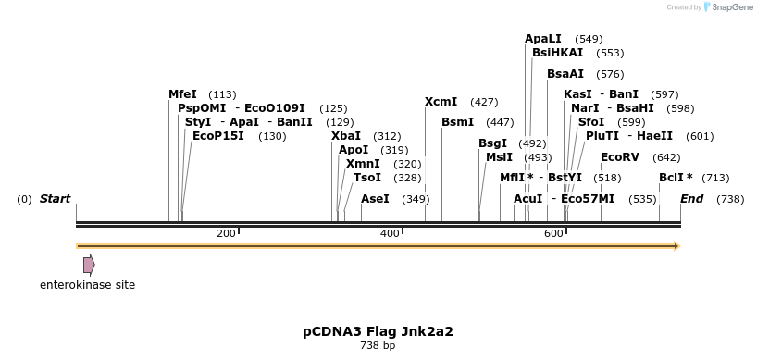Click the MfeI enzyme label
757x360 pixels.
click(x=182, y=94)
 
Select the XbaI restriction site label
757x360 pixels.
click(x=346, y=136)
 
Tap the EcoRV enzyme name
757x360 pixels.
click(x=620, y=156)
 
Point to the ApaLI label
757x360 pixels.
click(x=543, y=39)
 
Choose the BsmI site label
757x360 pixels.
click(x=458, y=122)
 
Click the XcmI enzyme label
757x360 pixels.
click(x=441, y=102)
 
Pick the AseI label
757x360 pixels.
click(x=375, y=198)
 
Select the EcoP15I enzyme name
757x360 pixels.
click(x=218, y=136)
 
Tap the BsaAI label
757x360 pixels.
click(x=565, y=74)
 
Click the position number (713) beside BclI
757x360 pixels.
click(x=715, y=178)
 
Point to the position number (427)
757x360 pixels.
click(x=484, y=102)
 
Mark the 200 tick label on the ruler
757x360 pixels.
click(x=226, y=233)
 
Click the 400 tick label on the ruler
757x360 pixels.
click(x=391, y=233)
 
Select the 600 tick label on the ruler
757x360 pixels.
click(x=553, y=233)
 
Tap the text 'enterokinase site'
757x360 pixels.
click(x=87, y=285)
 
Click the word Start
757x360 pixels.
click(x=55, y=198)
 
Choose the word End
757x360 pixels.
click(x=692, y=198)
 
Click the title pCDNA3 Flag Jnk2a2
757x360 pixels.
click(x=378, y=331)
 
